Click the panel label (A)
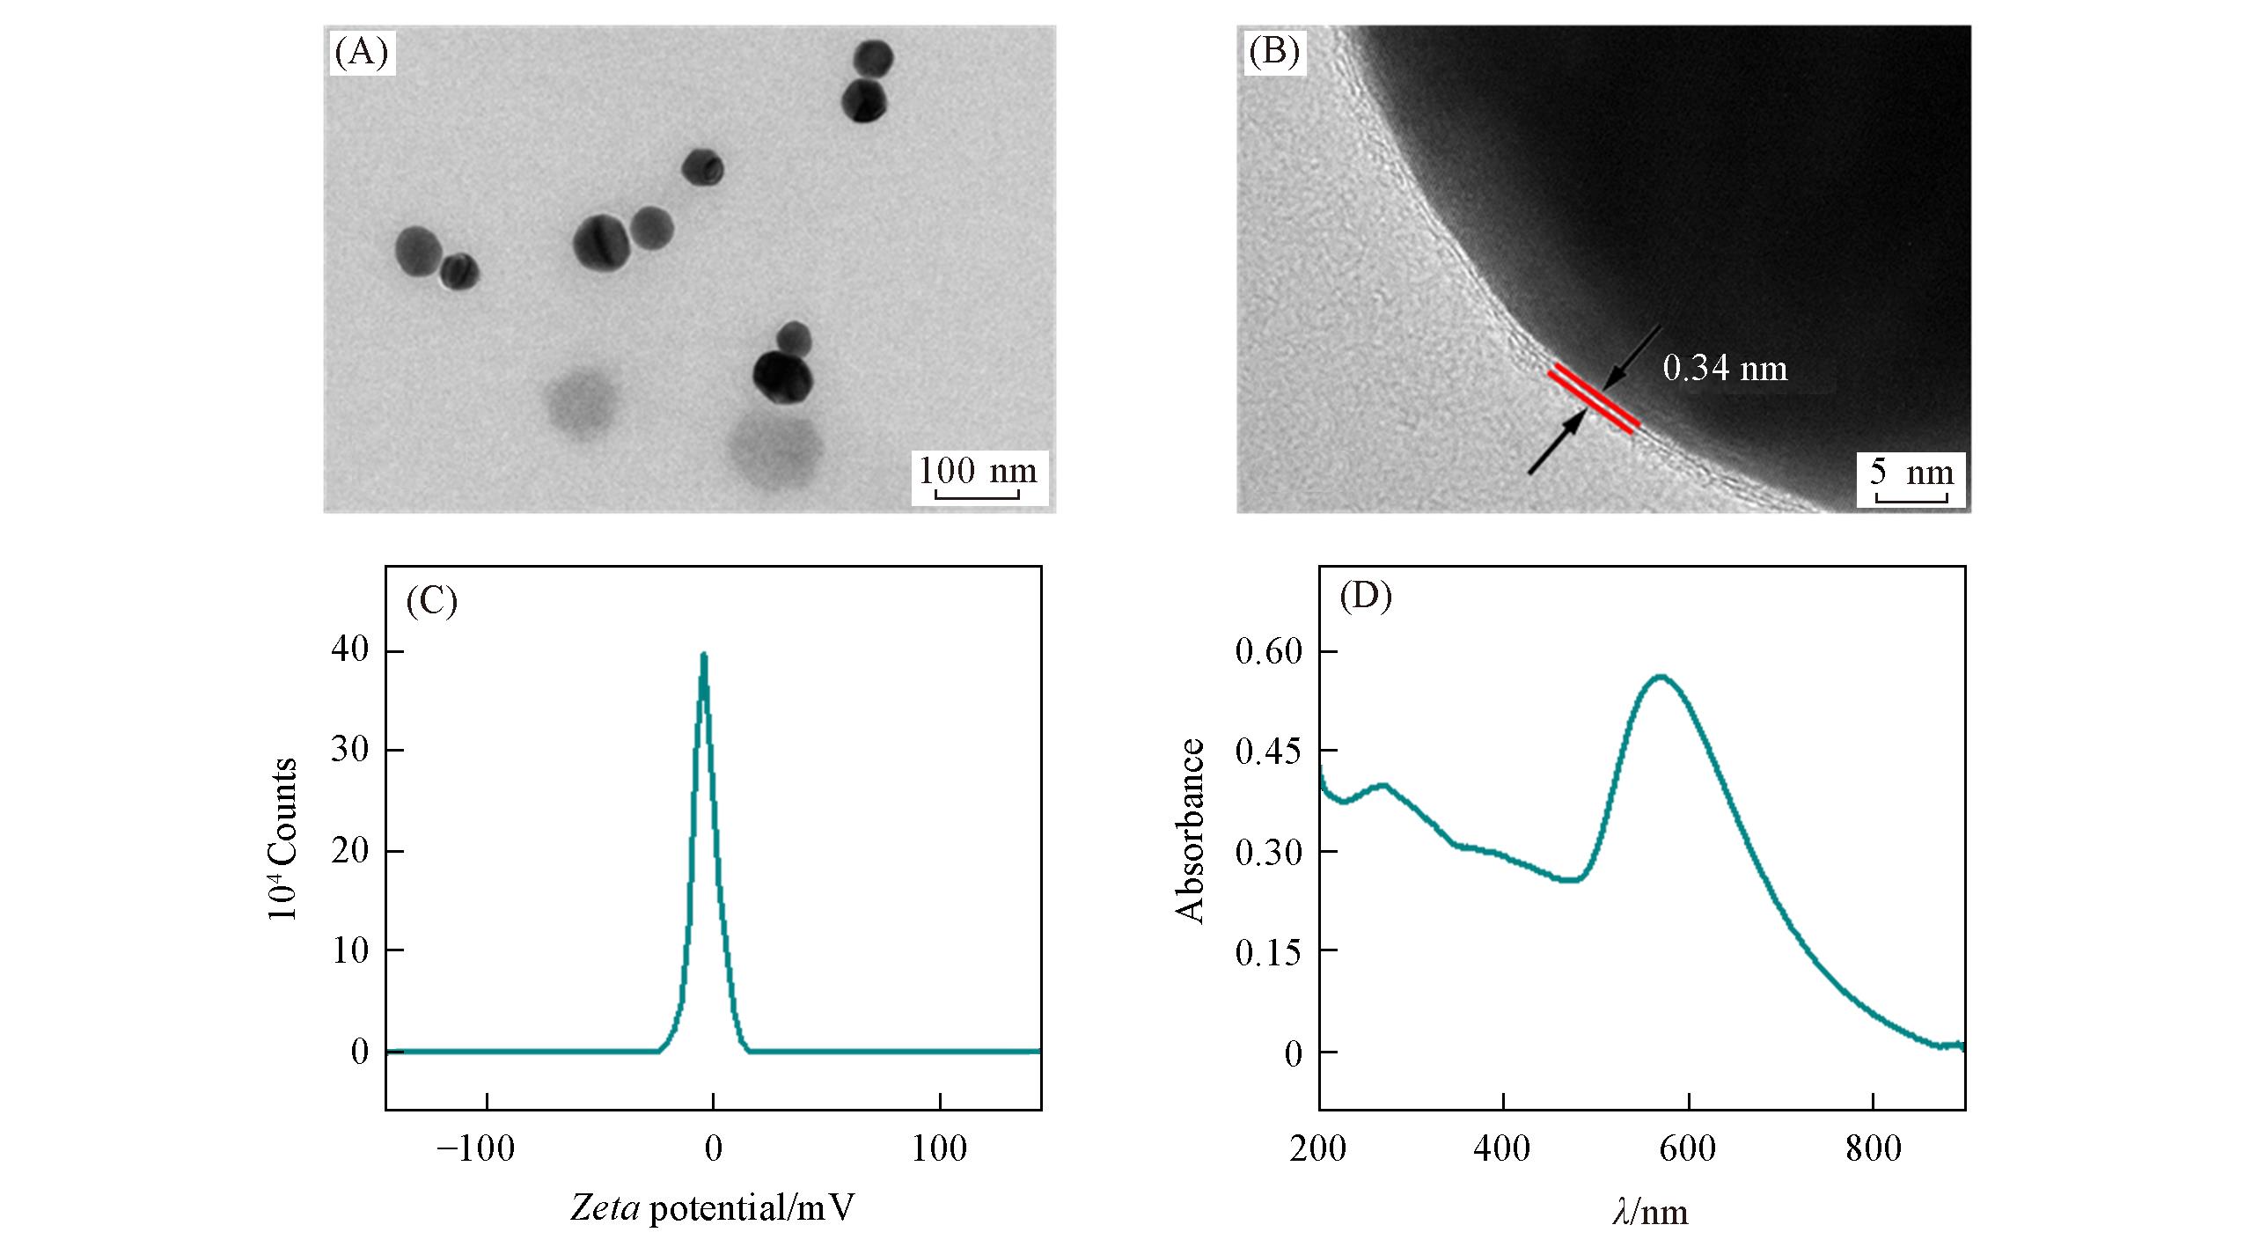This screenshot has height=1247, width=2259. pos(361,53)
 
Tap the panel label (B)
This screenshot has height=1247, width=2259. pos(1274,53)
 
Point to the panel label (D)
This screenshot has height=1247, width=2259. pos(1365,597)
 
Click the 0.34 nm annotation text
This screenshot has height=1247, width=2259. pos(1725,368)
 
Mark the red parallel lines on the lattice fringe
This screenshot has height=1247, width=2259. pos(1593,400)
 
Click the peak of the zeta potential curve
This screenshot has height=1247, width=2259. pos(703,655)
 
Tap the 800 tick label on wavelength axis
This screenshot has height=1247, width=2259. pos(1874,1149)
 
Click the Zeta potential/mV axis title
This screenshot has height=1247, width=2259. pos(713,1208)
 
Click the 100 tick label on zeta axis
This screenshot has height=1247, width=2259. pos(939,1149)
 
